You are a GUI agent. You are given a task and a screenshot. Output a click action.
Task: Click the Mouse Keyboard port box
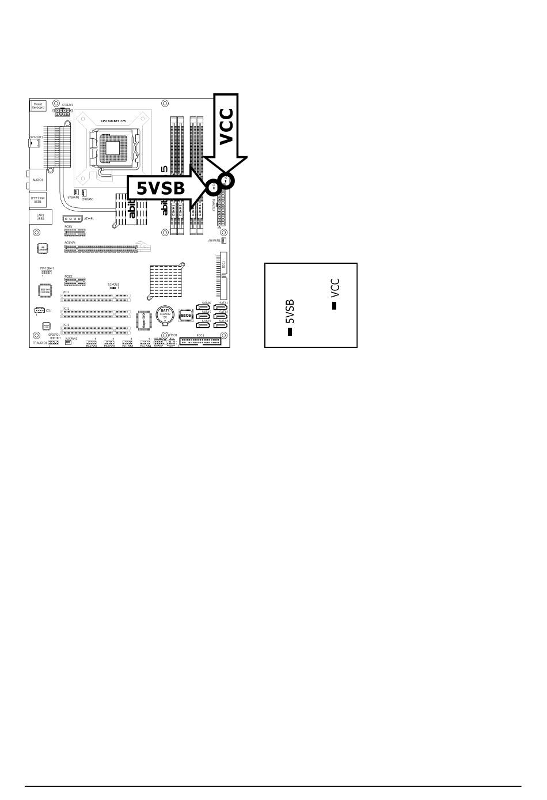[x=38, y=105]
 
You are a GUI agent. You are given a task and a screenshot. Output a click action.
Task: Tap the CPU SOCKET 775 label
[x=113, y=121]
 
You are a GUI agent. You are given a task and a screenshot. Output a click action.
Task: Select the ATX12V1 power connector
[x=62, y=112]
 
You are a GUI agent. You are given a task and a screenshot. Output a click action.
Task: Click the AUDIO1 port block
[x=38, y=179]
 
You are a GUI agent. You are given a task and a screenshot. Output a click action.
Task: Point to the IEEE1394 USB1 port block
[x=38, y=199]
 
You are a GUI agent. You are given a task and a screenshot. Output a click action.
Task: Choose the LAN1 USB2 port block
[x=40, y=217]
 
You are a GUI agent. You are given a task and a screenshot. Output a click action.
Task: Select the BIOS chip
[x=186, y=316]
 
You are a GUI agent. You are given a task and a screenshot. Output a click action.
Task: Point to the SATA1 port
[x=221, y=307]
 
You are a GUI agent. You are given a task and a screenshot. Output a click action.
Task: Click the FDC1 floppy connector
[x=200, y=341]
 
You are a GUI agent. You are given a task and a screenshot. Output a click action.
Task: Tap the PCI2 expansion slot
[x=97, y=314]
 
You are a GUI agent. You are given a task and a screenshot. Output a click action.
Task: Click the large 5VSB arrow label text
[x=161, y=187]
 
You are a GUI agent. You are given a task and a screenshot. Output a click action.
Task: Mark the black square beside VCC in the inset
[x=334, y=305]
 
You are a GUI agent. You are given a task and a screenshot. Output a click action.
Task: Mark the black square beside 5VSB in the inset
[x=290, y=331]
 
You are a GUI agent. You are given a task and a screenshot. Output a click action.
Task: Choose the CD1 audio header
[x=39, y=310]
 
